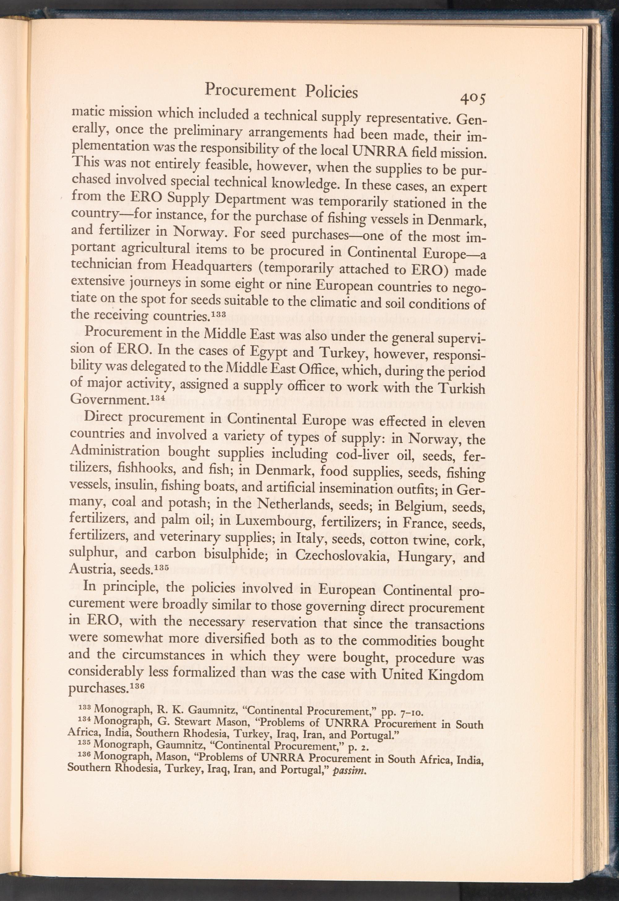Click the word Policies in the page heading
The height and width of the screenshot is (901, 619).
click(331, 92)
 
